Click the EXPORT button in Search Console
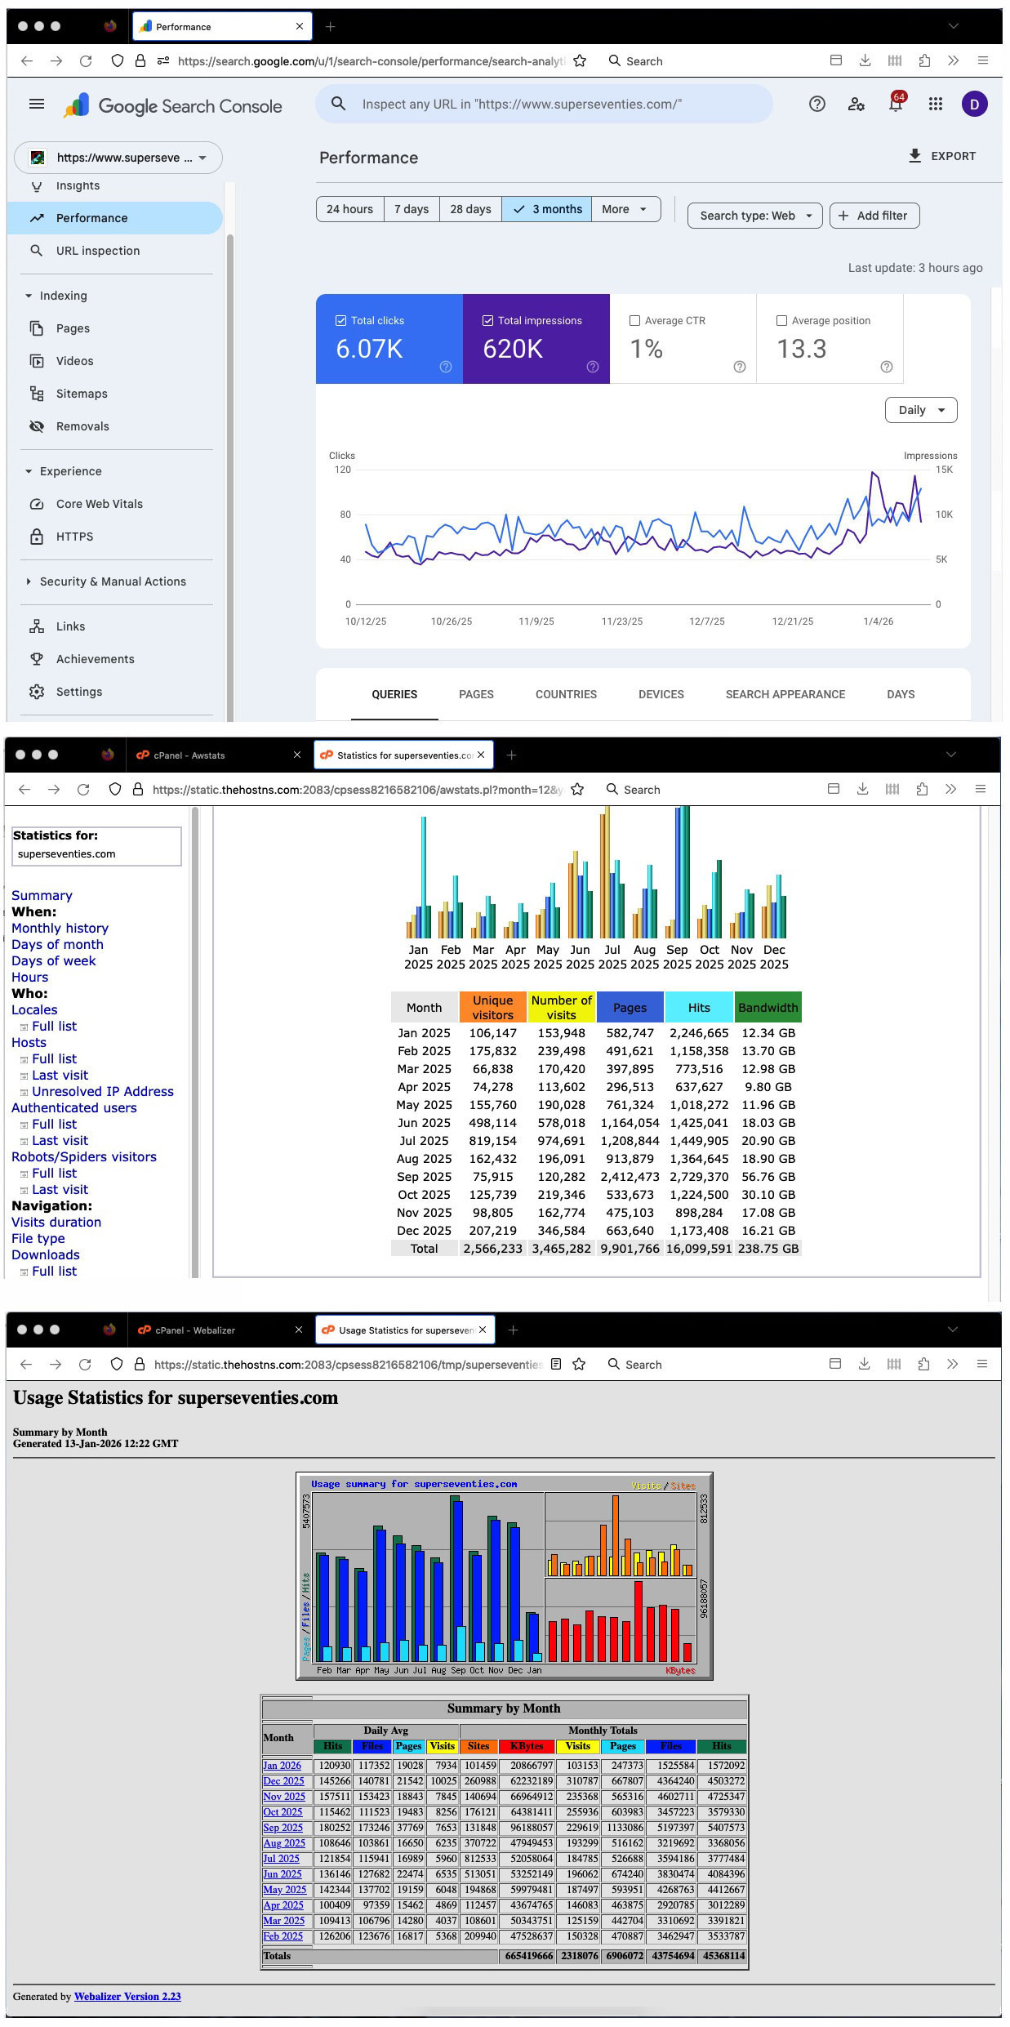(942, 156)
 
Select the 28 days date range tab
(470, 209)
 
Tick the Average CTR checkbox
(634, 321)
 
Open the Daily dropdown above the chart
(920, 410)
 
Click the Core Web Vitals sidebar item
(99, 504)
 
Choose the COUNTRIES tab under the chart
(566, 694)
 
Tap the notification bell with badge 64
(896, 105)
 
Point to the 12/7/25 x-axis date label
(706, 621)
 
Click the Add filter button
(874, 216)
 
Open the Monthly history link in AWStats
(60, 928)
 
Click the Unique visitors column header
(492, 1007)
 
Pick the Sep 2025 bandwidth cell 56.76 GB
(768, 1177)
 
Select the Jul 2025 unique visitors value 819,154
(492, 1141)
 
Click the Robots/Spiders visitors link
(83, 1156)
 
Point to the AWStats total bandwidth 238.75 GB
(768, 1249)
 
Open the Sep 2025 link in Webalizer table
(283, 1828)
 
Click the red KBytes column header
(527, 1746)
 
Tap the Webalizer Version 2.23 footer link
(127, 1996)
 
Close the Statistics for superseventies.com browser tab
(482, 755)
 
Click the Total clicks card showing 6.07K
(389, 339)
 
